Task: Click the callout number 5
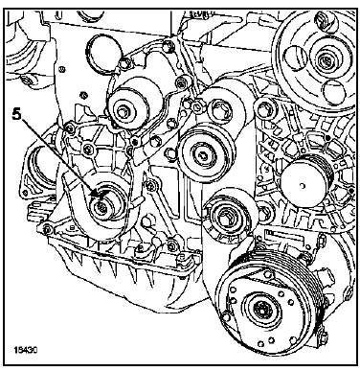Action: point(17,115)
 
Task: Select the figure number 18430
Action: point(26,349)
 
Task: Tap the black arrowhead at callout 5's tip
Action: point(94,193)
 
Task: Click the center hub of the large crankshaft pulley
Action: point(261,310)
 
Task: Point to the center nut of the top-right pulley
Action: point(326,59)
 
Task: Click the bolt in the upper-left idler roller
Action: point(122,112)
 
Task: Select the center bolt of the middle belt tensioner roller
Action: point(203,154)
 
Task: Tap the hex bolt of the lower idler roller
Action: point(224,216)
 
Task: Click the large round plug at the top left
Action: point(103,49)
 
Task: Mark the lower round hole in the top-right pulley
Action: point(333,92)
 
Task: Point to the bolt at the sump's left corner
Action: point(47,229)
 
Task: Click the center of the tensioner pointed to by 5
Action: point(101,207)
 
